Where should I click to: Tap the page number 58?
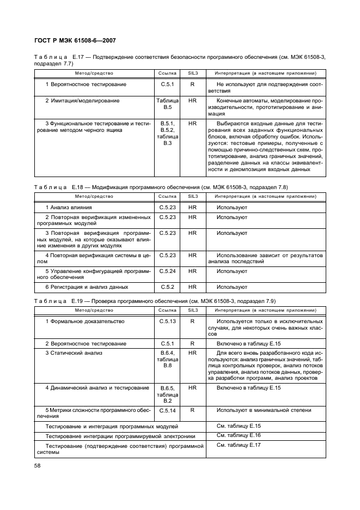[39, 466]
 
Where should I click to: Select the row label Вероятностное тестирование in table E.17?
[86, 84]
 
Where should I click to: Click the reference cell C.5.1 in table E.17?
[167, 84]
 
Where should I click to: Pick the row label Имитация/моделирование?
[82, 101]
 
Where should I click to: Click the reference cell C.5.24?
[167, 271]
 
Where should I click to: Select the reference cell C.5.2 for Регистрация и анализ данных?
[167, 287]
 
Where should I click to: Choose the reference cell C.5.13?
[167, 321]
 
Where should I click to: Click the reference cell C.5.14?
[167, 410]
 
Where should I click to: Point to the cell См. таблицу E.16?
[239, 435]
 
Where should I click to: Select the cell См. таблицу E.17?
[239, 445]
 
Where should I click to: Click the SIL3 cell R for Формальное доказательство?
[192, 321]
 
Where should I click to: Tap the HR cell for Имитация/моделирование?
[192, 101]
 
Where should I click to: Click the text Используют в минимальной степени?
[256, 410]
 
